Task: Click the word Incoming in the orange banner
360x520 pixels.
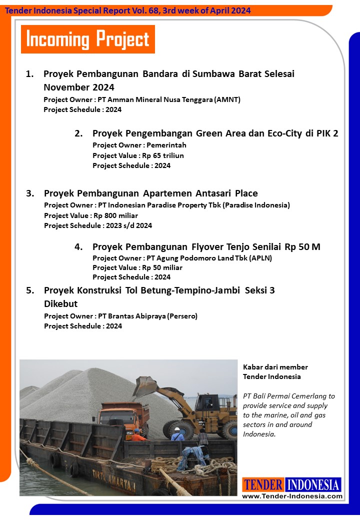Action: pos(57,39)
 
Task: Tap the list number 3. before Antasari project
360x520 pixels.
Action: pos(30,193)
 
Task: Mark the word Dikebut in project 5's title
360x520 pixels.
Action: pos(60,304)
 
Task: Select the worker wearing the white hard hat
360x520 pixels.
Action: pos(177,433)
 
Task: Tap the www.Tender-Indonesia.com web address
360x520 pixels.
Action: pos(292,496)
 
